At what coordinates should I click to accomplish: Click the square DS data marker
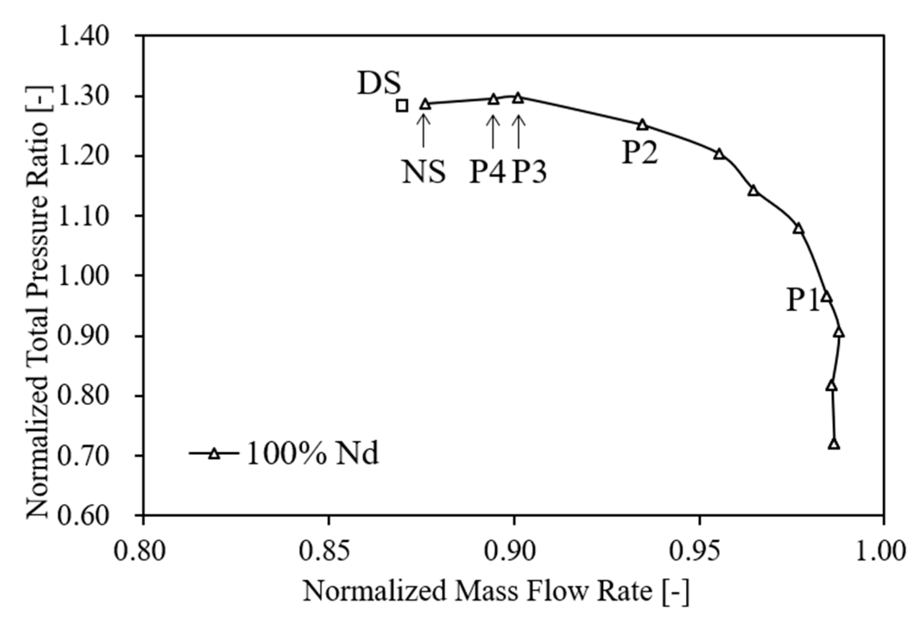(x=402, y=105)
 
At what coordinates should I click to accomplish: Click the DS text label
(x=379, y=83)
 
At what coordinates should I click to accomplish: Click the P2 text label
(x=640, y=153)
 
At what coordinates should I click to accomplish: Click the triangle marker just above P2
(x=643, y=125)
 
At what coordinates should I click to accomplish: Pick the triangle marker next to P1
(x=826, y=297)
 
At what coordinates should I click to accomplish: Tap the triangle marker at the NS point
(x=425, y=104)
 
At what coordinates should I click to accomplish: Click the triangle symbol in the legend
(x=214, y=454)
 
